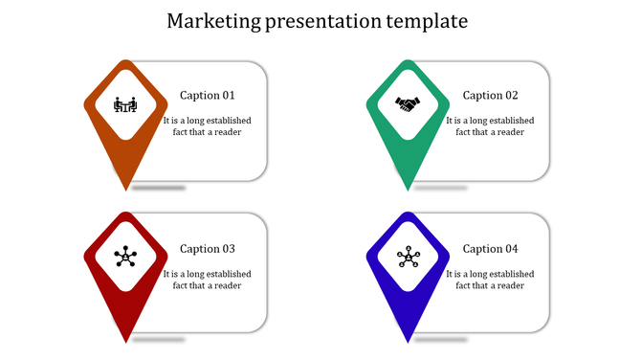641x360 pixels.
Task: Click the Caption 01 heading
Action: (208, 96)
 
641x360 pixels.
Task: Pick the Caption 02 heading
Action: (491, 96)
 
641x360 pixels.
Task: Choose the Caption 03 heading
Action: (208, 249)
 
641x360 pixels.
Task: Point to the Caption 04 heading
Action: (491, 249)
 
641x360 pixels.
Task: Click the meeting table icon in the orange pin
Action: (125, 104)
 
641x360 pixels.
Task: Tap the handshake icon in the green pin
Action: (409, 104)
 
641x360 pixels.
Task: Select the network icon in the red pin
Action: (125, 257)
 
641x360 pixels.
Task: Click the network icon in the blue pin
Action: (409, 257)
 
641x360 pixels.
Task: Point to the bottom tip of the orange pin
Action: (126, 188)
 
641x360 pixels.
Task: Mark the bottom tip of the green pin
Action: (409, 188)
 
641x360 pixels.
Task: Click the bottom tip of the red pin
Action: (126, 341)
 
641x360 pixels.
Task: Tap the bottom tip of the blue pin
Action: (409, 341)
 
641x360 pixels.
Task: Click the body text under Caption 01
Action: (208, 126)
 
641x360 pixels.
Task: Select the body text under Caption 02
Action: (491, 126)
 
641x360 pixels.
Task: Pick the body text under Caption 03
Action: (208, 280)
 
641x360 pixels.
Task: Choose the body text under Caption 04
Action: (491, 280)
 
